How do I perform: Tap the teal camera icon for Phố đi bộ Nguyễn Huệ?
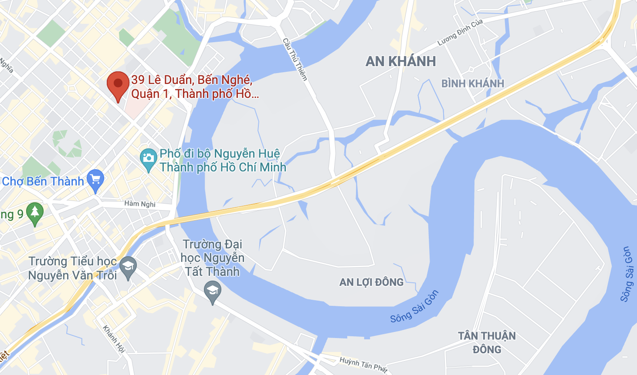pos(148,159)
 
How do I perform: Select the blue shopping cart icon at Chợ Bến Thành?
pos(95,180)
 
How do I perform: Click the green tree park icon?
pos(35,213)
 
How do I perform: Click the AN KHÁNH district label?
pos(400,61)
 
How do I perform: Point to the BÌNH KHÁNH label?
pos(472,84)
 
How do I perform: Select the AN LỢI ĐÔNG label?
pos(371,282)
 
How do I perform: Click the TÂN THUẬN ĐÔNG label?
pos(487,342)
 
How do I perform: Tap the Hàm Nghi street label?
pos(140,204)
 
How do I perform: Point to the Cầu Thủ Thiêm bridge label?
pos(295,60)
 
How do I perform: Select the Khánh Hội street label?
pos(114,339)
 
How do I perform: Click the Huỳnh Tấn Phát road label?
pos(363,365)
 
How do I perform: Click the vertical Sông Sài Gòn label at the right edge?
pos(627,274)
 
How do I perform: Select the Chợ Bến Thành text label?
pos(43,181)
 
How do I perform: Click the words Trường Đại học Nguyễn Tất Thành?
pos(213,258)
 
